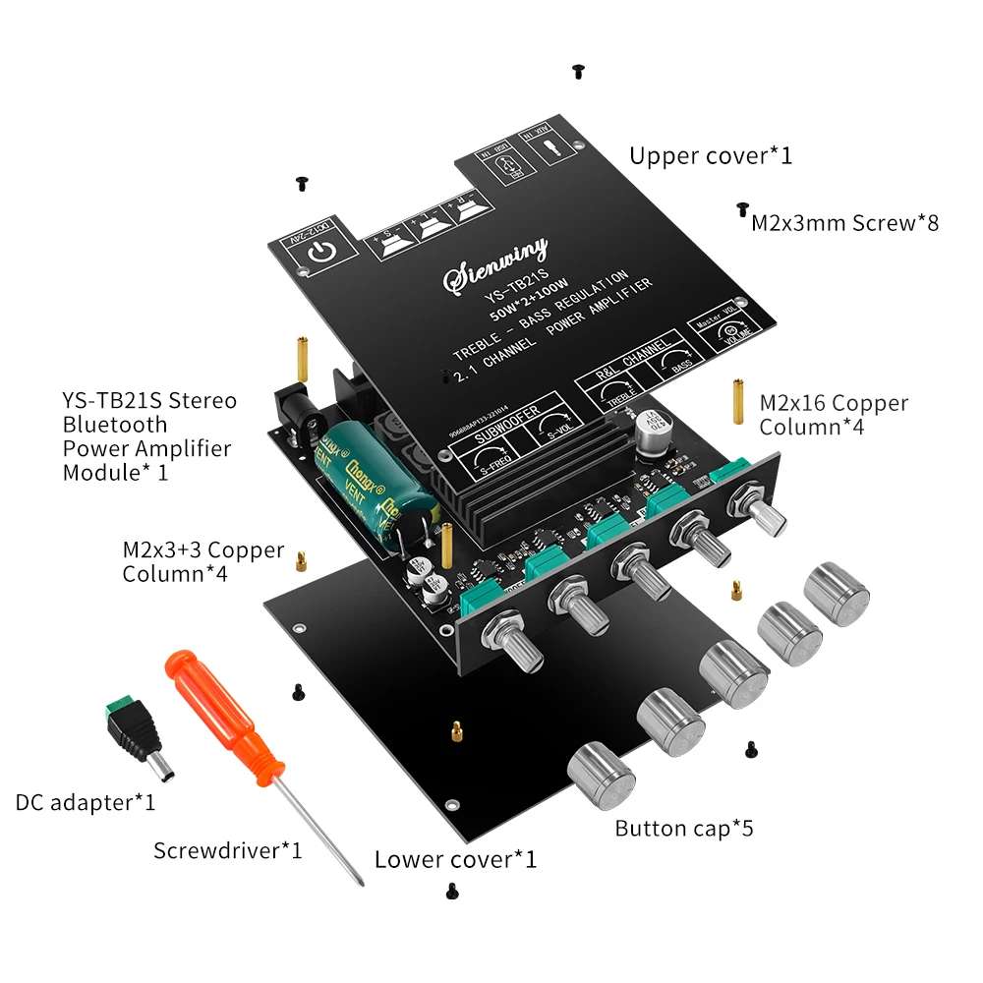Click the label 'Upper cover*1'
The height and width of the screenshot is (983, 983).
[x=710, y=155]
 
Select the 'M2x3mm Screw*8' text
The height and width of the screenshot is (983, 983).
[x=844, y=223]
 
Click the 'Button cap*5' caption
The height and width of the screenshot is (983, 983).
[x=684, y=829]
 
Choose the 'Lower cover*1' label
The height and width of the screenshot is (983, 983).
[x=455, y=859]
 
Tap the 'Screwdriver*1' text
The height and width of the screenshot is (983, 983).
[x=227, y=850]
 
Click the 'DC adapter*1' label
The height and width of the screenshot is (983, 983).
[x=86, y=803]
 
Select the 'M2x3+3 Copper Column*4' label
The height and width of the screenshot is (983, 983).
[x=202, y=562]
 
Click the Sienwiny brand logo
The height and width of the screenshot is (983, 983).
[x=496, y=264]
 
